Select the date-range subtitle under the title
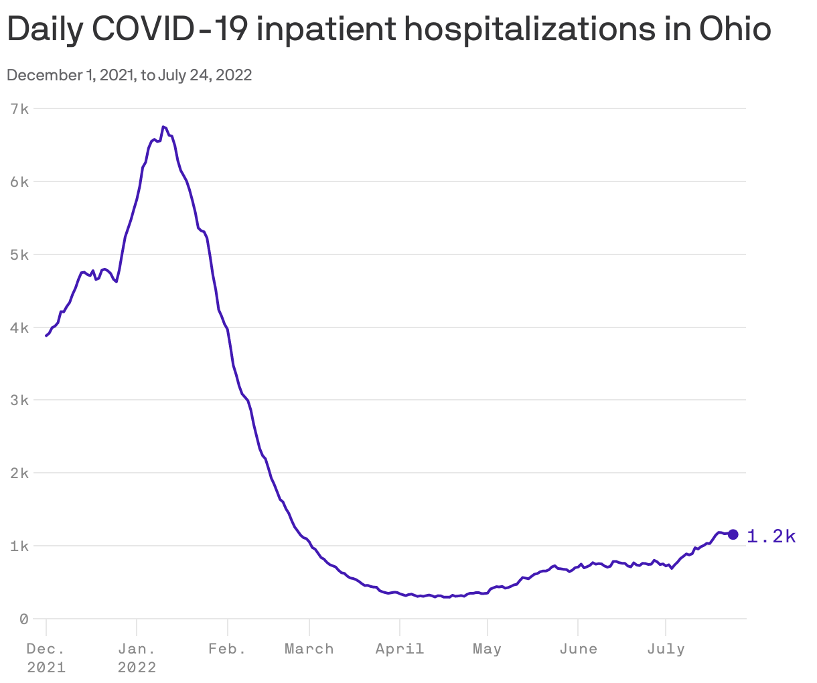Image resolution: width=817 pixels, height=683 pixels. (129, 75)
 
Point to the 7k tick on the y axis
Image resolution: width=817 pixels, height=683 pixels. (19, 108)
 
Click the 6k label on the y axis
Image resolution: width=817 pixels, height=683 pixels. (19, 181)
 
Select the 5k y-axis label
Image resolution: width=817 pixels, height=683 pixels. (19, 254)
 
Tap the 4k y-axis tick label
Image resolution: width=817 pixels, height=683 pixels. (19, 327)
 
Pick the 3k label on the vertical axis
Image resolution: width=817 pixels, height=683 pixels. (19, 400)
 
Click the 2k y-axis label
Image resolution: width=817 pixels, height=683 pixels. (19, 473)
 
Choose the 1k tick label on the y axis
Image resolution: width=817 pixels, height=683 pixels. (19, 546)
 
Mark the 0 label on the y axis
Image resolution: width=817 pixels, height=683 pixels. (24, 619)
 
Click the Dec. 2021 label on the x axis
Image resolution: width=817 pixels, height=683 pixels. (46, 658)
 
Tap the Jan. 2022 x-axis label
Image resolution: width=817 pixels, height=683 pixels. (137, 658)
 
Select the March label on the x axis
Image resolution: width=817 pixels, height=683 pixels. (309, 649)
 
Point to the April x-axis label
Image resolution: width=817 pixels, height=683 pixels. (400, 649)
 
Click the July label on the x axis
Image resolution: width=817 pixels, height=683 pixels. (666, 649)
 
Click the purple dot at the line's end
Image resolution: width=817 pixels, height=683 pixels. (733, 534)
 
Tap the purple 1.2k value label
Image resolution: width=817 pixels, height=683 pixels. (771, 536)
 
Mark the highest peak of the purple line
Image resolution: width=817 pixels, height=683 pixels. (163, 127)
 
